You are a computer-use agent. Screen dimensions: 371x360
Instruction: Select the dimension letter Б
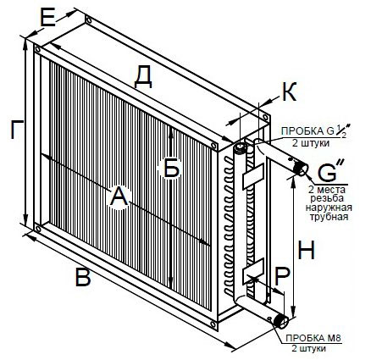click(x=172, y=168)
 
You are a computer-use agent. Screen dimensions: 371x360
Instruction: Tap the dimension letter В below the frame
click(x=83, y=277)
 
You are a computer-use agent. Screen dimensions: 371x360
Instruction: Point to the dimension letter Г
click(x=17, y=130)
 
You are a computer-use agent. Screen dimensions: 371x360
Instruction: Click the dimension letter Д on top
click(x=143, y=78)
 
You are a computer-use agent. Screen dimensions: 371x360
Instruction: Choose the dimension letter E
click(x=47, y=18)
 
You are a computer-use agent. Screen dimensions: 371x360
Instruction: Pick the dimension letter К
click(x=289, y=91)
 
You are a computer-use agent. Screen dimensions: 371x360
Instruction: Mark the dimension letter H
click(x=307, y=251)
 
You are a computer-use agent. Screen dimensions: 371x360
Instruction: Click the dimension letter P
click(x=282, y=277)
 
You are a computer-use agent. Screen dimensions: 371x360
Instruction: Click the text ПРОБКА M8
click(x=313, y=338)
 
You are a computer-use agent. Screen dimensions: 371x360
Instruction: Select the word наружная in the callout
click(x=329, y=208)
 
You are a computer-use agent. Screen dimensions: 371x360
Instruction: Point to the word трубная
click(x=329, y=217)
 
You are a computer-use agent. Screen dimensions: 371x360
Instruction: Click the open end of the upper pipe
click(x=302, y=169)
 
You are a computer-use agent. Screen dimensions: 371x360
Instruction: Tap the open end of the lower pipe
click(x=283, y=322)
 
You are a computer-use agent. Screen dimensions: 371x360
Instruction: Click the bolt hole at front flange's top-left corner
click(x=37, y=49)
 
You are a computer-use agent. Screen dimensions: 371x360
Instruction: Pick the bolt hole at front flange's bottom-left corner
click(x=38, y=228)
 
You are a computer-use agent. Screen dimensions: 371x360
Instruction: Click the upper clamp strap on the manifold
click(x=252, y=176)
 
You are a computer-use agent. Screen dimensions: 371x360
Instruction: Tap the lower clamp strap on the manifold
click(x=252, y=270)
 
